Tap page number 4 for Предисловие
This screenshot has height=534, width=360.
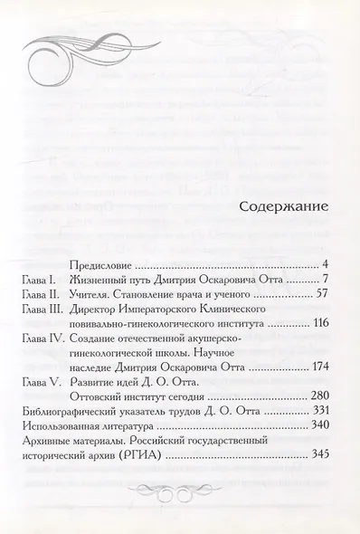pyautogui.click(x=324, y=266)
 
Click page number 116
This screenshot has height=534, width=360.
pyautogui.click(x=317, y=325)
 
